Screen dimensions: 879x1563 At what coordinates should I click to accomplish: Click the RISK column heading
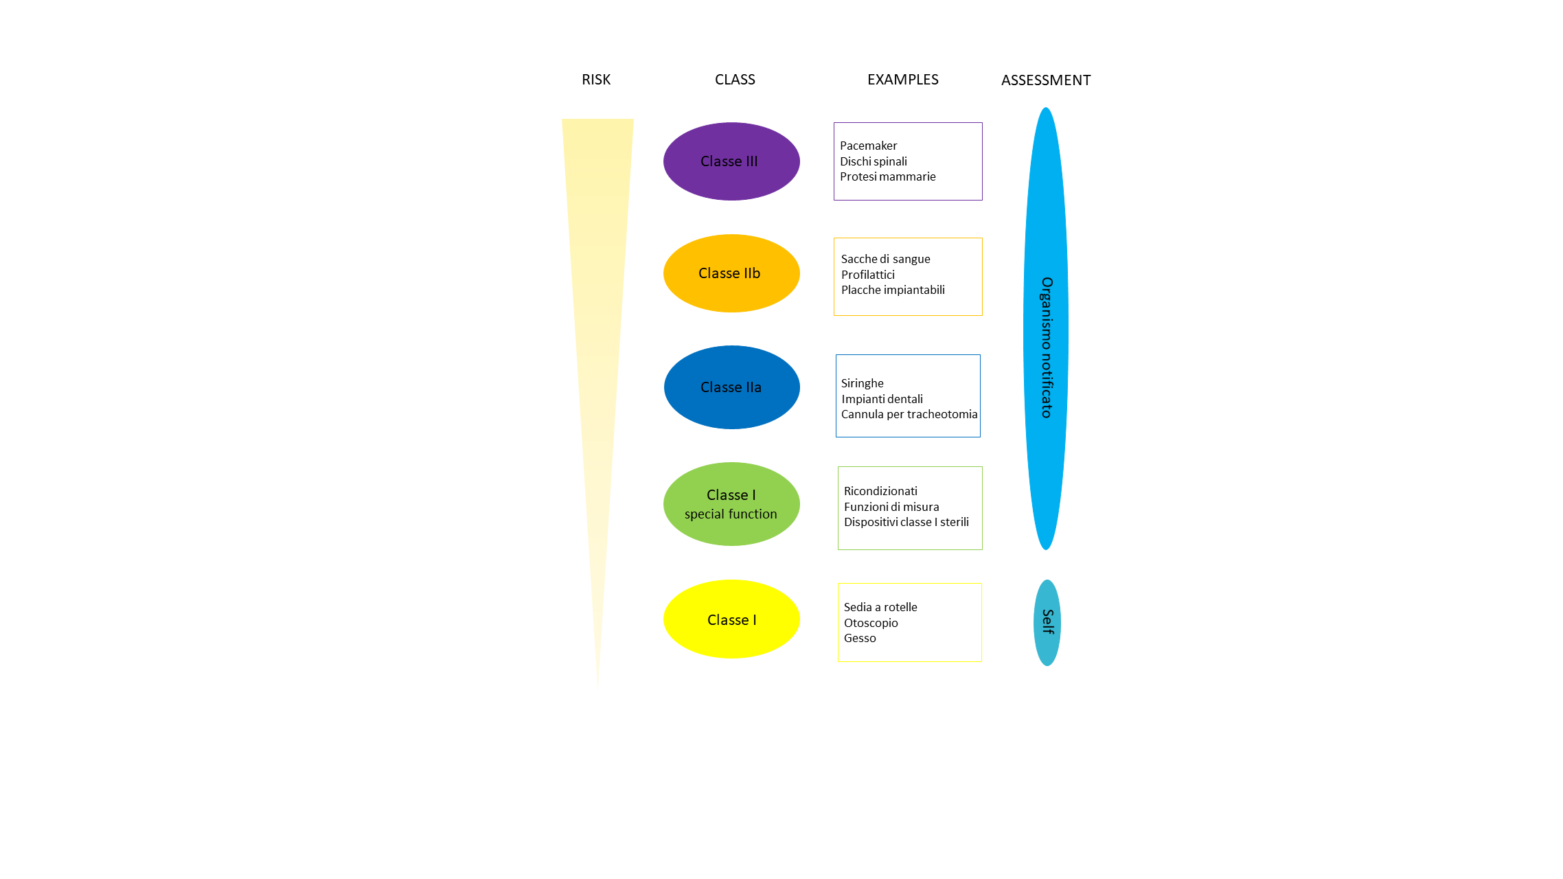point(595,80)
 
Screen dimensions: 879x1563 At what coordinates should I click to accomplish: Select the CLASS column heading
point(734,80)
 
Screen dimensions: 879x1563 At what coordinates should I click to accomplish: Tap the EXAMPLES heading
point(902,80)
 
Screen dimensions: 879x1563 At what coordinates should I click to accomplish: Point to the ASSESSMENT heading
point(1045,80)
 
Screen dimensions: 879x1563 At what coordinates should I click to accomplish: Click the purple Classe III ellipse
point(731,161)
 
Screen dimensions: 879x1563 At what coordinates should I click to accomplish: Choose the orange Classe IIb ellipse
point(731,273)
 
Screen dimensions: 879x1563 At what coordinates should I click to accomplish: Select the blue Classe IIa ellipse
point(731,387)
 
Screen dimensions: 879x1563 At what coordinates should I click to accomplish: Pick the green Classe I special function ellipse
point(731,504)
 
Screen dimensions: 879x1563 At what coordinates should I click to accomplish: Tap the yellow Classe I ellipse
point(731,619)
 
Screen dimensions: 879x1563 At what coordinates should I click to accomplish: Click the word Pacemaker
point(868,146)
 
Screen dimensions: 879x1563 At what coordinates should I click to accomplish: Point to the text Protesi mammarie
point(887,176)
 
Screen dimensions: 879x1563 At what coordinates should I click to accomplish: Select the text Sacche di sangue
point(885,259)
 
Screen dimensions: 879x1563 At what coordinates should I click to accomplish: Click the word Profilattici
point(867,275)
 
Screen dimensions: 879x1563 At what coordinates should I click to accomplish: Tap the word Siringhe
point(862,383)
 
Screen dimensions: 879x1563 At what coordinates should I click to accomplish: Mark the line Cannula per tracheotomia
point(909,414)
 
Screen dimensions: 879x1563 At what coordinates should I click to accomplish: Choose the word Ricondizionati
point(880,491)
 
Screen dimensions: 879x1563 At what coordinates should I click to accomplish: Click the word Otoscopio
point(870,623)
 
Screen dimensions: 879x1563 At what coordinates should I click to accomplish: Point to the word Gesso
point(860,638)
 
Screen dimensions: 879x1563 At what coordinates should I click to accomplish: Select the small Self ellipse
point(1047,622)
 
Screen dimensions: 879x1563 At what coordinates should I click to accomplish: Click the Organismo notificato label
point(1046,347)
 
